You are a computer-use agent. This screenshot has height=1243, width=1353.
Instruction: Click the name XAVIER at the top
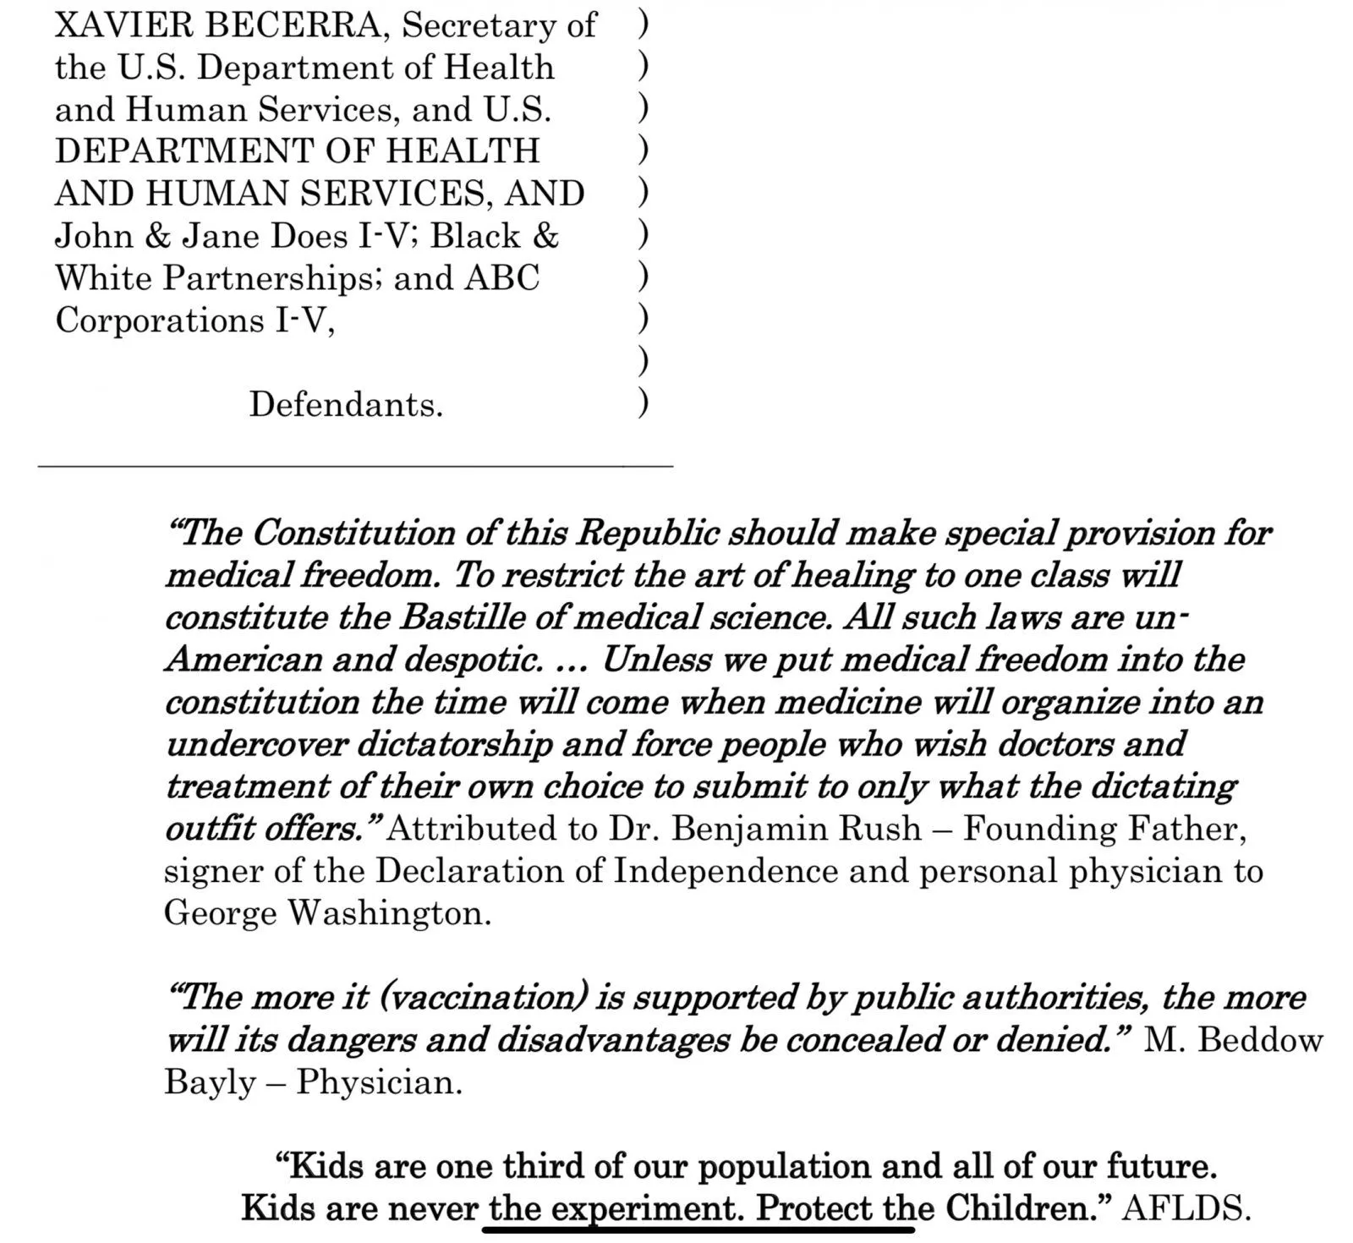[x=124, y=26]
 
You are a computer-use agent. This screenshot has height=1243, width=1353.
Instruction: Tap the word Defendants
[x=346, y=405]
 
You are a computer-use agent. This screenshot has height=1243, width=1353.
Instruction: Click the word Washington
[x=390, y=913]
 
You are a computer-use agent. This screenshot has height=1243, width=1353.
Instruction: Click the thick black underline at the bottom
[x=698, y=1229]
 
